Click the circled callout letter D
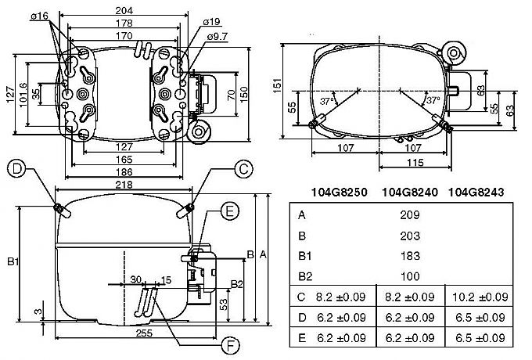click(x=16, y=168)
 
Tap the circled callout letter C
click(x=243, y=168)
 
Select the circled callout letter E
click(x=230, y=211)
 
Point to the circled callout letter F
click(x=230, y=346)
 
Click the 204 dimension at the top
click(x=124, y=10)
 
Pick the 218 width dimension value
click(x=124, y=185)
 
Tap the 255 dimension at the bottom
click(x=144, y=333)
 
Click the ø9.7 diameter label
click(x=217, y=36)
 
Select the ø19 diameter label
click(x=211, y=22)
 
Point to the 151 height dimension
click(x=278, y=86)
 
